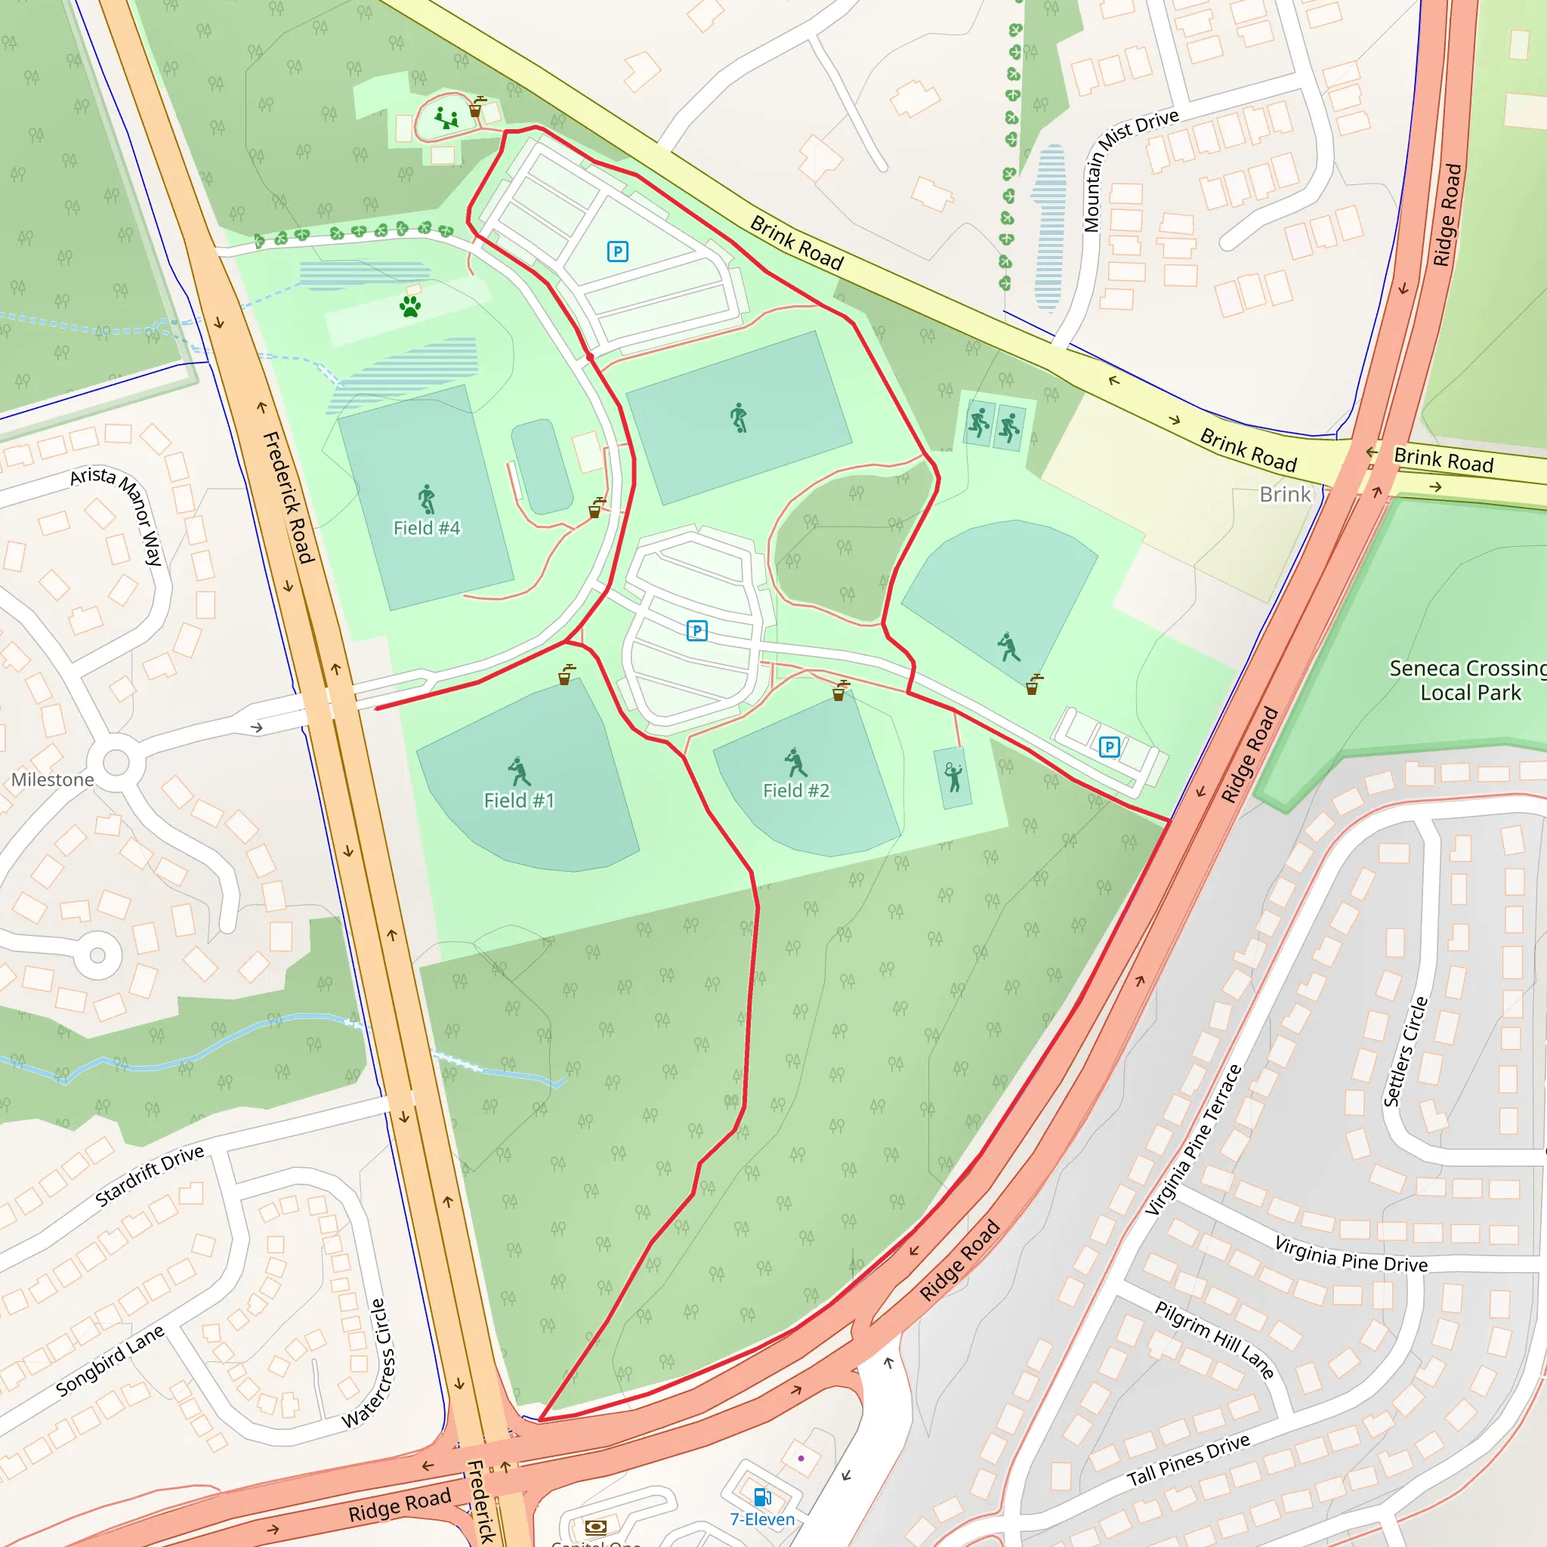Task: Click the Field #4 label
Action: [426, 528]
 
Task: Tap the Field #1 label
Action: [518, 800]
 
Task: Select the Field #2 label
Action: [796, 790]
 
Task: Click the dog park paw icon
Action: [411, 306]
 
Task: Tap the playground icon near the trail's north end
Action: [447, 119]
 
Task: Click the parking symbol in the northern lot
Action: [617, 252]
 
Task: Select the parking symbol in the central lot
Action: [696, 631]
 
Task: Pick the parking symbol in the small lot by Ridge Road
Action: [1109, 747]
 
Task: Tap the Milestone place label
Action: [53, 779]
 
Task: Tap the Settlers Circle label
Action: [1406, 1051]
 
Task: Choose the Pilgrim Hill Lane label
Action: [1214, 1339]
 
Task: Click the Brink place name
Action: [1284, 494]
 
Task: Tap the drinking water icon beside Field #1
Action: [566, 675]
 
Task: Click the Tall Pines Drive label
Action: [1188, 1459]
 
